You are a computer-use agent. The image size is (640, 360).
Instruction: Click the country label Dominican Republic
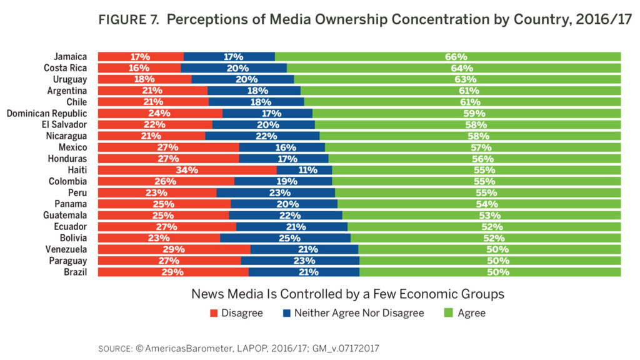click(x=47, y=113)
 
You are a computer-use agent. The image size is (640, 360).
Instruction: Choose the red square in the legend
click(x=214, y=313)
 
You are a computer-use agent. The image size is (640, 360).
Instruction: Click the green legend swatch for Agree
click(x=447, y=313)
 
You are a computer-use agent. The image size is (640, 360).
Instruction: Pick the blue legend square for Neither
click(x=287, y=313)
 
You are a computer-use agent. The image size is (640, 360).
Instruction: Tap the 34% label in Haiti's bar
click(x=187, y=170)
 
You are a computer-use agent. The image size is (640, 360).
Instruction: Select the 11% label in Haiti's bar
click(x=304, y=170)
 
